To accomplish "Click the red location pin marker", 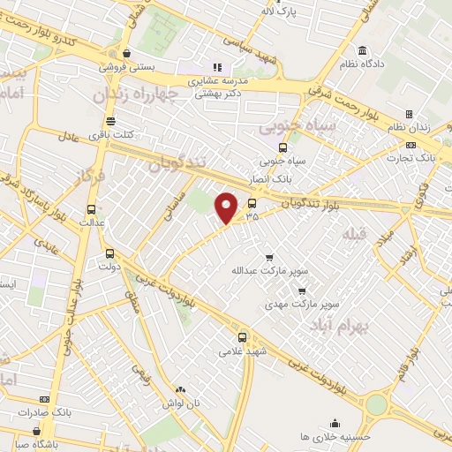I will click(227, 207).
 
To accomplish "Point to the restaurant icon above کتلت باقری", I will click(110, 121).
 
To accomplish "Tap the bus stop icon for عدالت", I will click(92, 209).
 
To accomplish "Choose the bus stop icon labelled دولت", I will click(109, 252).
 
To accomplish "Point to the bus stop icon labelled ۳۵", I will click(252, 202).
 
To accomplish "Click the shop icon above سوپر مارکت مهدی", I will click(302, 290).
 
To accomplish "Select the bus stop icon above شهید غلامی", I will click(243, 336).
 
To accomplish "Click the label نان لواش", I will click(182, 403).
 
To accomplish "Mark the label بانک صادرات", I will click(73, 412).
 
